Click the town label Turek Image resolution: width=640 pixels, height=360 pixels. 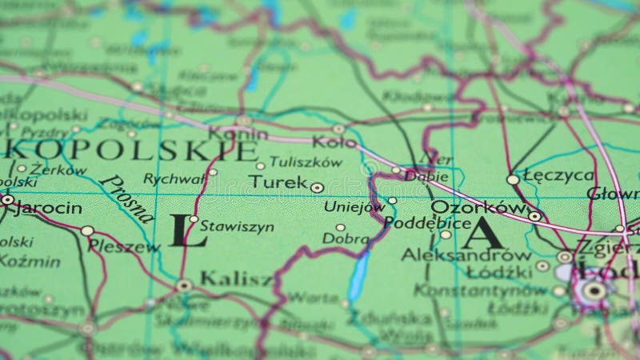pos(277,182)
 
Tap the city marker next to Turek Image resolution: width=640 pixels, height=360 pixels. pos(317,188)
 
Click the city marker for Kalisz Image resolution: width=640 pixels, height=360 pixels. pos(183,285)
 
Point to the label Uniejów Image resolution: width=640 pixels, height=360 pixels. pos(354,206)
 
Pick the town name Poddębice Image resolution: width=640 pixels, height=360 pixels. pos(427,222)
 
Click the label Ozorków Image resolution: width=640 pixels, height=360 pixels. pos(477,206)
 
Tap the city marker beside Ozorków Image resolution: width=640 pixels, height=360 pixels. pos(534,215)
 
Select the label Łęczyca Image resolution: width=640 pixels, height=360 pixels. pos(558,175)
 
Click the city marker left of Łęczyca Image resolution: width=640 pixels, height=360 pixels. pos(513,179)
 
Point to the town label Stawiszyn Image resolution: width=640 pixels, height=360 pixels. pos(237,226)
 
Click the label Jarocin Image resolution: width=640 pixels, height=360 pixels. pos(49,208)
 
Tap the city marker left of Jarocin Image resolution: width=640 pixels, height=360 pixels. pos(7,199)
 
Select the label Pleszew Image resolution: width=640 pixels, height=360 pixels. pos(123,246)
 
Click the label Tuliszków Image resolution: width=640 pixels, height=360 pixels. pos(306,162)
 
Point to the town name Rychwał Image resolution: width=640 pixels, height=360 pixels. pos(173,178)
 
